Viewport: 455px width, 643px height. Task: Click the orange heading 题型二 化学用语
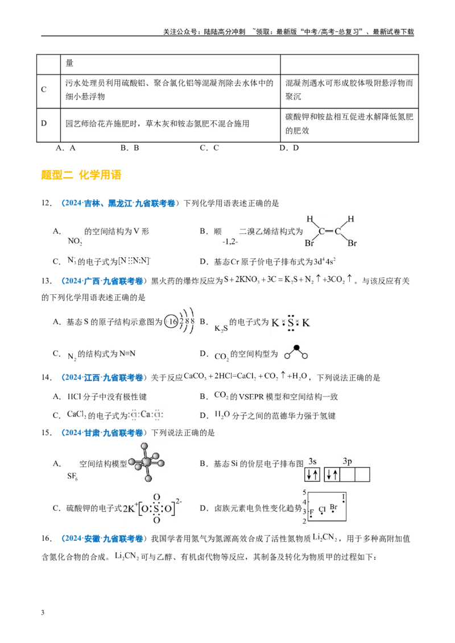(x=81, y=175)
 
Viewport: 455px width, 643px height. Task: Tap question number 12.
(x=46, y=203)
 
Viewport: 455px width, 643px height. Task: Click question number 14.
(x=46, y=377)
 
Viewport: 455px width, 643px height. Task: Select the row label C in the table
(x=44, y=89)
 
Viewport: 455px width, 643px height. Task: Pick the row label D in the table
(x=44, y=123)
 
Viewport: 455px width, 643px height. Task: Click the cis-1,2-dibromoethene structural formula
(x=331, y=231)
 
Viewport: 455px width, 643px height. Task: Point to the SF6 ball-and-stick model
(x=147, y=462)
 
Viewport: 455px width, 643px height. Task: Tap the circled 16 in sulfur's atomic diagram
(x=171, y=321)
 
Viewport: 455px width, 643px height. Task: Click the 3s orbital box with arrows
(x=312, y=475)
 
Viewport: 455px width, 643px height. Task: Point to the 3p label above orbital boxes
(x=348, y=461)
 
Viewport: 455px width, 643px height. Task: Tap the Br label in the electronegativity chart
(x=333, y=507)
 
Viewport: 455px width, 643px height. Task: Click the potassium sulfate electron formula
(x=152, y=508)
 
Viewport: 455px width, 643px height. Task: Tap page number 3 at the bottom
(x=43, y=613)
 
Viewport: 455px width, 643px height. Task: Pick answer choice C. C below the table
(x=209, y=148)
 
